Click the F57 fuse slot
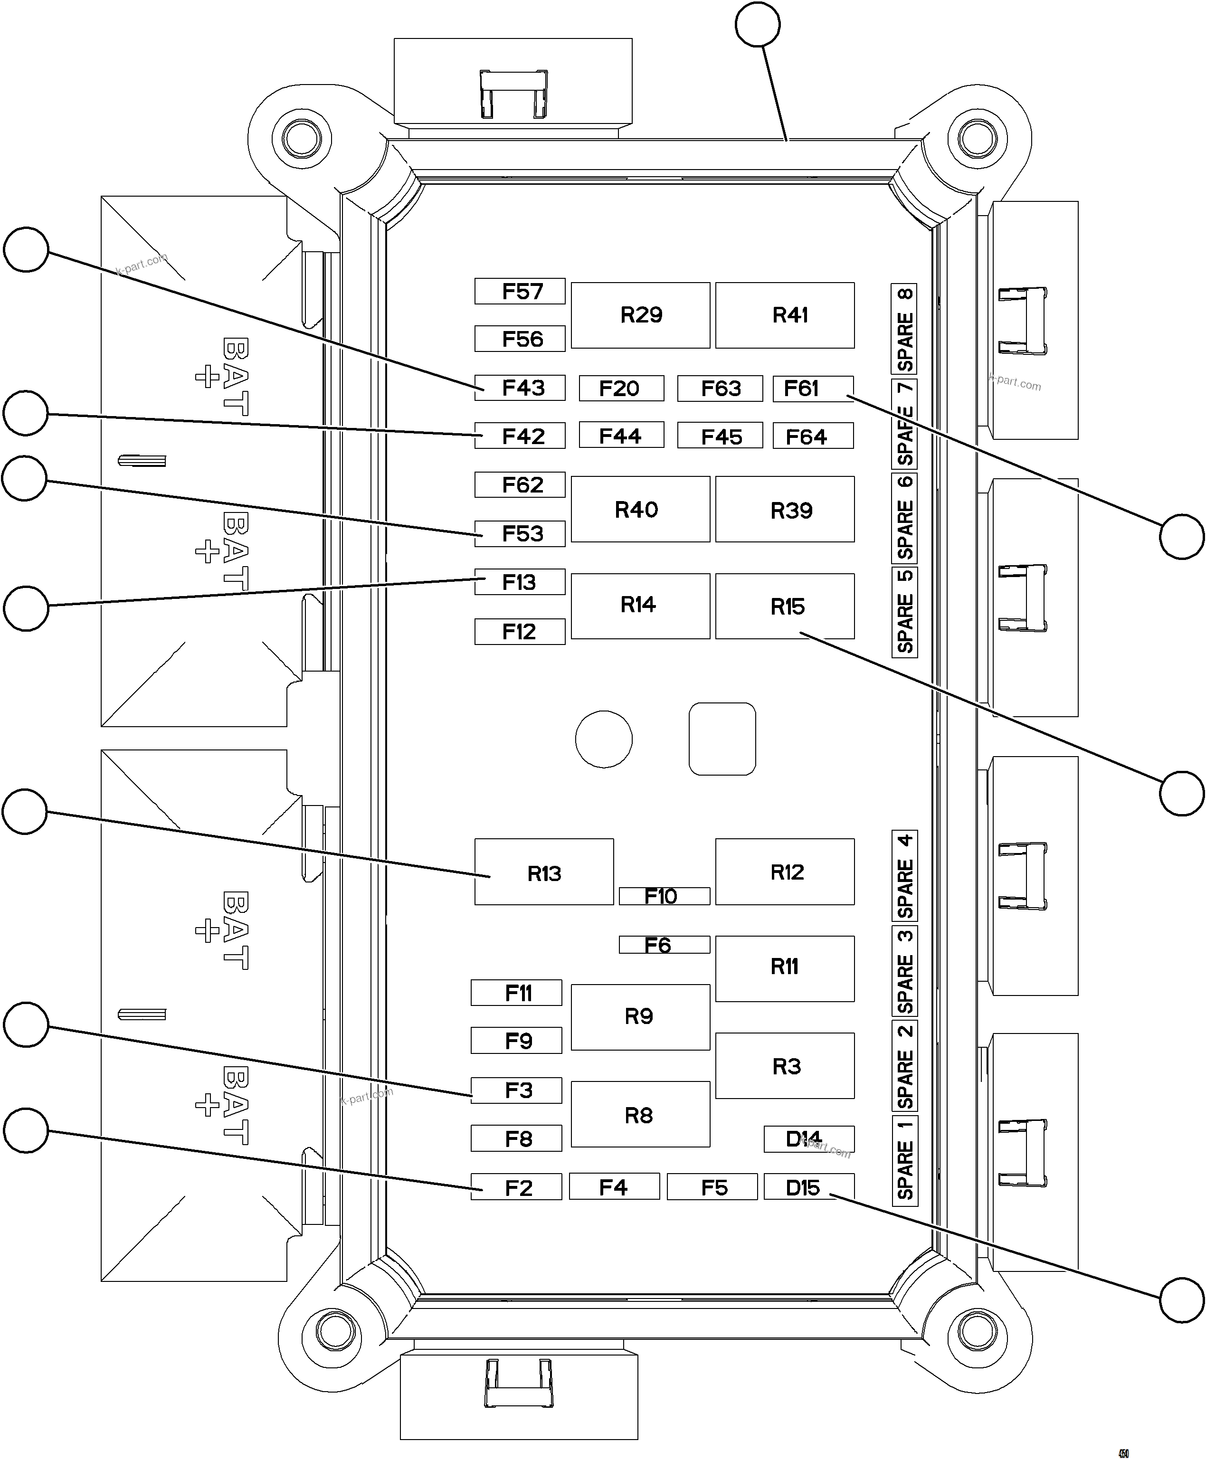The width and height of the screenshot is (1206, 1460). pos(520,292)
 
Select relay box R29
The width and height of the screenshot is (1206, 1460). pos(640,315)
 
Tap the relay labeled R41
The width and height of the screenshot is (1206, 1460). pos(784,315)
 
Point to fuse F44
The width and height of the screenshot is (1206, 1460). pos(621,436)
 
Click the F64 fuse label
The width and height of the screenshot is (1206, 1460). pos(812,436)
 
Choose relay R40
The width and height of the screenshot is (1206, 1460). pos(640,510)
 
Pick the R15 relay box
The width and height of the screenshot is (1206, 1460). pos(784,607)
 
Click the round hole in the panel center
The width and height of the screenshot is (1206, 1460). pos(604,739)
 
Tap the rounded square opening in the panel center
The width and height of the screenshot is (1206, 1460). pos(722,739)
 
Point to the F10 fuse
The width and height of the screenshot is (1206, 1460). pos(664,896)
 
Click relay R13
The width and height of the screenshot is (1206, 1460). pos(544,872)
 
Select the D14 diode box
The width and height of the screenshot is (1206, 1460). pos(808,1139)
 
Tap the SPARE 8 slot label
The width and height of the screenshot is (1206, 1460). pos(904,329)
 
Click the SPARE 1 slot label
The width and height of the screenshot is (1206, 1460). pos(904,1161)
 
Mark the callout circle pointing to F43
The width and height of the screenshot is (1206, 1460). pos(27,249)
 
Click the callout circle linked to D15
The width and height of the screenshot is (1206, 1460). pos(1182,1299)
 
